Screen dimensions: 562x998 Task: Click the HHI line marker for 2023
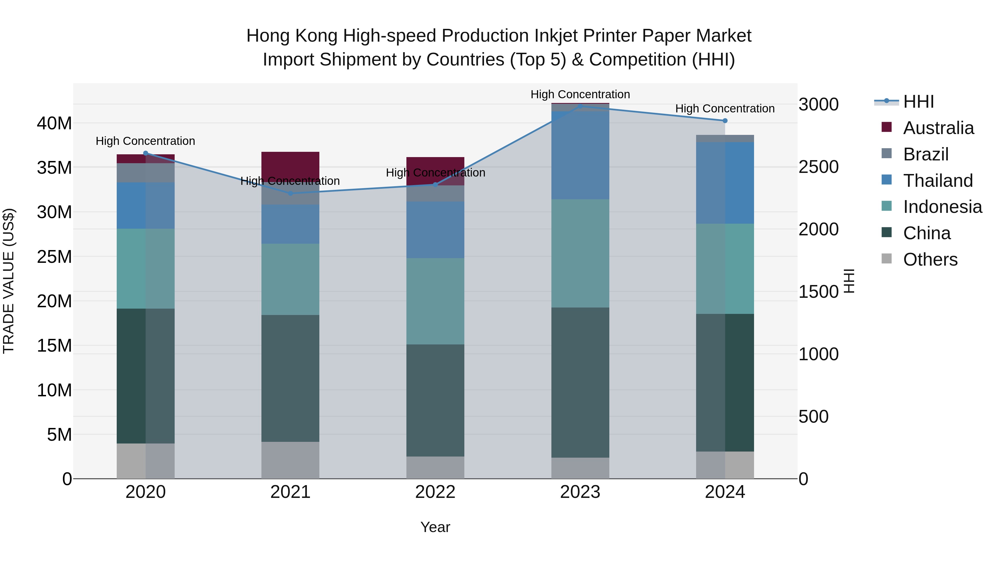click(580, 106)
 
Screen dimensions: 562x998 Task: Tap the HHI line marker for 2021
click(291, 193)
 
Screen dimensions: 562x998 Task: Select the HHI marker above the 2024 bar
click(725, 121)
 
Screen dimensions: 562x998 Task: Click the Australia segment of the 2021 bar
click(290, 165)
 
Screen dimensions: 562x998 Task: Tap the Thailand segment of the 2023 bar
click(580, 155)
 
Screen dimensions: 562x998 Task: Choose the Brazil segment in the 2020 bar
click(145, 173)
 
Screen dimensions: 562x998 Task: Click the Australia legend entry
click(938, 128)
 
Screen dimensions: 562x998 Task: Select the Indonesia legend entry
click(942, 207)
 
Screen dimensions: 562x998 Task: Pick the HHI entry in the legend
click(918, 102)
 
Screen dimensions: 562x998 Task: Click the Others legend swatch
click(887, 259)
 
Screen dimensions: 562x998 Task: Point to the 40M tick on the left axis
click(54, 123)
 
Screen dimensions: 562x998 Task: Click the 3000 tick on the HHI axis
click(818, 104)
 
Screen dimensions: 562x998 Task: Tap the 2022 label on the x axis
click(435, 492)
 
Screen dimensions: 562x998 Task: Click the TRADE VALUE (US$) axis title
click(9, 281)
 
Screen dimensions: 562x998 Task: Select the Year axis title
click(435, 527)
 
